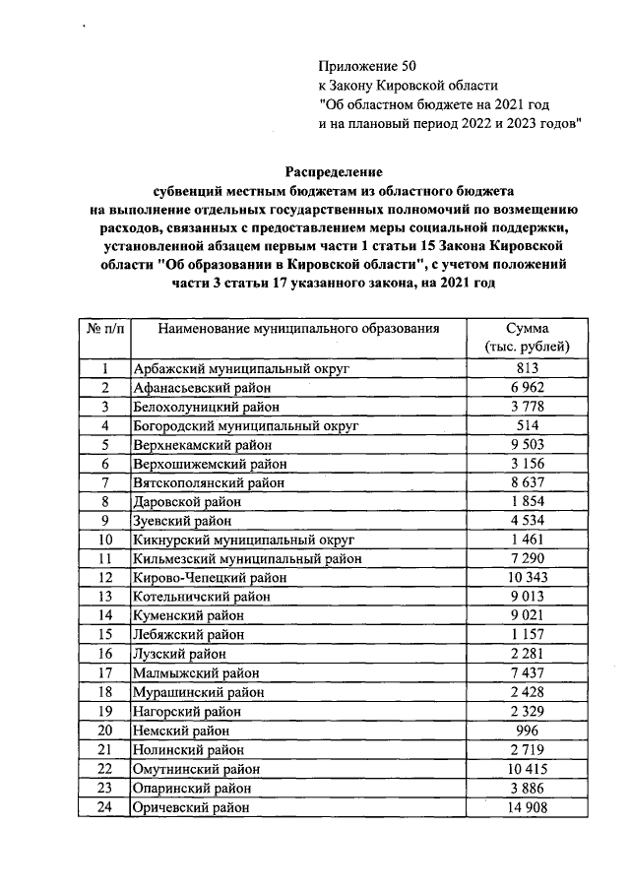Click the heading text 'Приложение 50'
[x=361, y=66]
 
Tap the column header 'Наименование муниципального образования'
[x=298, y=328]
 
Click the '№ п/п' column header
[x=102, y=328]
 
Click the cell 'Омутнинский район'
[x=192, y=768]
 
